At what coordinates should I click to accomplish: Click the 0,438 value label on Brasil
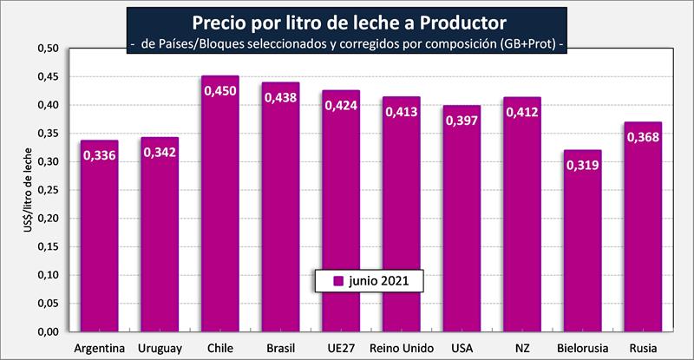pyautogui.click(x=281, y=97)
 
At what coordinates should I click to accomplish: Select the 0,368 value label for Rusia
pyautogui.click(x=643, y=137)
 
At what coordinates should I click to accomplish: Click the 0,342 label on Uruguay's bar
pyautogui.click(x=160, y=152)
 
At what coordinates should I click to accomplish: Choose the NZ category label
pyautogui.click(x=521, y=348)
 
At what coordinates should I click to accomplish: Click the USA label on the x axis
pyautogui.click(x=462, y=348)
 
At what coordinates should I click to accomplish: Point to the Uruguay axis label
pyautogui.click(x=160, y=348)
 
